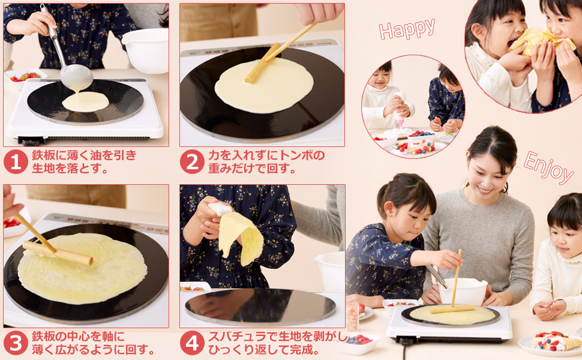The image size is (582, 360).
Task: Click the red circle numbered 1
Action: coord(16,162)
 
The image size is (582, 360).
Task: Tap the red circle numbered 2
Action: coord(192,162)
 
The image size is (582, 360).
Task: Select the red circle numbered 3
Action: coord(16,343)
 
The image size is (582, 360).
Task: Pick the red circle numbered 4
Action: coord(192,343)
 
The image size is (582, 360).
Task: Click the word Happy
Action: coord(407,29)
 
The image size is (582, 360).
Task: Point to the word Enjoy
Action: coord(548,167)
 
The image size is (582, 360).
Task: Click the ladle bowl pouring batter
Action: coord(76,77)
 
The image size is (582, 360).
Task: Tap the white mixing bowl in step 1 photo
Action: coord(145,50)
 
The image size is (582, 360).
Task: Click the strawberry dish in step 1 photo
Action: coord(25,77)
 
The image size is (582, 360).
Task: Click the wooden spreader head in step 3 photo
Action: coord(58,253)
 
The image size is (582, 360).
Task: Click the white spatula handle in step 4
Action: coord(220,208)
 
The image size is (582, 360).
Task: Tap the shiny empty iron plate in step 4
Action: coord(260,307)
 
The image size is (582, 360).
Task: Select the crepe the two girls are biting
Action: coord(542,41)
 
